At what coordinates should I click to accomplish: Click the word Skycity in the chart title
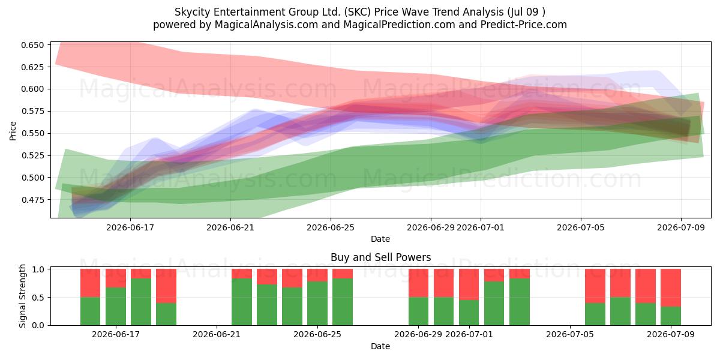[x=193, y=12]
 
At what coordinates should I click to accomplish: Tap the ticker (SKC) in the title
[x=357, y=12]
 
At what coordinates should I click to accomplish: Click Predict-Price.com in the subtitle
[x=524, y=25]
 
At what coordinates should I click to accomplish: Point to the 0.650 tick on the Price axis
[x=32, y=45]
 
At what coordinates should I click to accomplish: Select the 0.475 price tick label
[x=32, y=200]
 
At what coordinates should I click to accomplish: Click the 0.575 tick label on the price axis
[x=32, y=111]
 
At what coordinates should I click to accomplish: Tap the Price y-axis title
[x=13, y=131]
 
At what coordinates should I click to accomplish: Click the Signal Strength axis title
[x=22, y=296]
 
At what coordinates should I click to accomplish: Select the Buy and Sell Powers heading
[x=380, y=257]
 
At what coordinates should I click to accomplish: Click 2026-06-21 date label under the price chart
[x=230, y=227]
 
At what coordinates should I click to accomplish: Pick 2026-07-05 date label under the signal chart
[x=570, y=335]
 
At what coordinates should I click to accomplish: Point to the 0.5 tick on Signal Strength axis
[x=38, y=298]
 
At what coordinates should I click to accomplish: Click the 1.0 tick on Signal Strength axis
[x=38, y=269]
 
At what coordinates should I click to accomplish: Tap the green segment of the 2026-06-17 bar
[x=116, y=307]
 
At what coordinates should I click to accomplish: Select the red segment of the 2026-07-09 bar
[x=671, y=287]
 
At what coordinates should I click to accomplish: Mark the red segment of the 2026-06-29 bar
[x=419, y=283]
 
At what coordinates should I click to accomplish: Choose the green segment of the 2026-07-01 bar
[x=469, y=313]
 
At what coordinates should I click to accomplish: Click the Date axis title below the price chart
[x=380, y=239]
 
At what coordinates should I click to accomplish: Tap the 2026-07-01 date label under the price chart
[x=481, y=227]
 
